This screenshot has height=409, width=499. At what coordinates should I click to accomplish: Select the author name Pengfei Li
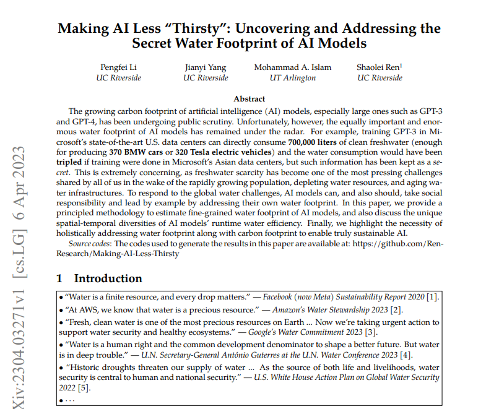point(118,67)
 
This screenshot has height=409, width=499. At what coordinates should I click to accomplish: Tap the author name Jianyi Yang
point(206,67)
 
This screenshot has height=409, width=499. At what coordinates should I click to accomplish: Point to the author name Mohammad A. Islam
point(292,67)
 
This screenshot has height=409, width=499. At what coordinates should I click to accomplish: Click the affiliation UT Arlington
point(292,78)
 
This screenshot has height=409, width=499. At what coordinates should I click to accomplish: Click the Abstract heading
point(249,99)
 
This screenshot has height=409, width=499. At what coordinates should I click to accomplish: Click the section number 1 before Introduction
point(60,278)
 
